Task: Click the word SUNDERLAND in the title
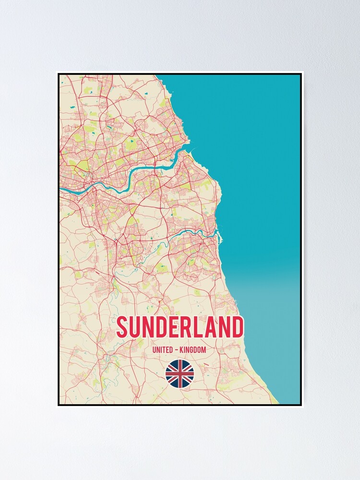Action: tap(180, 327)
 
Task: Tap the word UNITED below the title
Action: tap(163, 350)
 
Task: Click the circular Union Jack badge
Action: tap(180, 374)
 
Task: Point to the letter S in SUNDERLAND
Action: tap(122, 327)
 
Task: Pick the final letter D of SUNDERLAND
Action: tap(237, 327)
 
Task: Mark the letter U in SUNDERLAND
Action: tap(135, 327)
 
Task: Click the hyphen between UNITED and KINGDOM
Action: tap(177, 350)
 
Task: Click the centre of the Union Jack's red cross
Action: tap(180, 374)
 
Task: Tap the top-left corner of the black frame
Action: tap(59, 74)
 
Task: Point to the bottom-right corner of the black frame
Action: tap(301, 405)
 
